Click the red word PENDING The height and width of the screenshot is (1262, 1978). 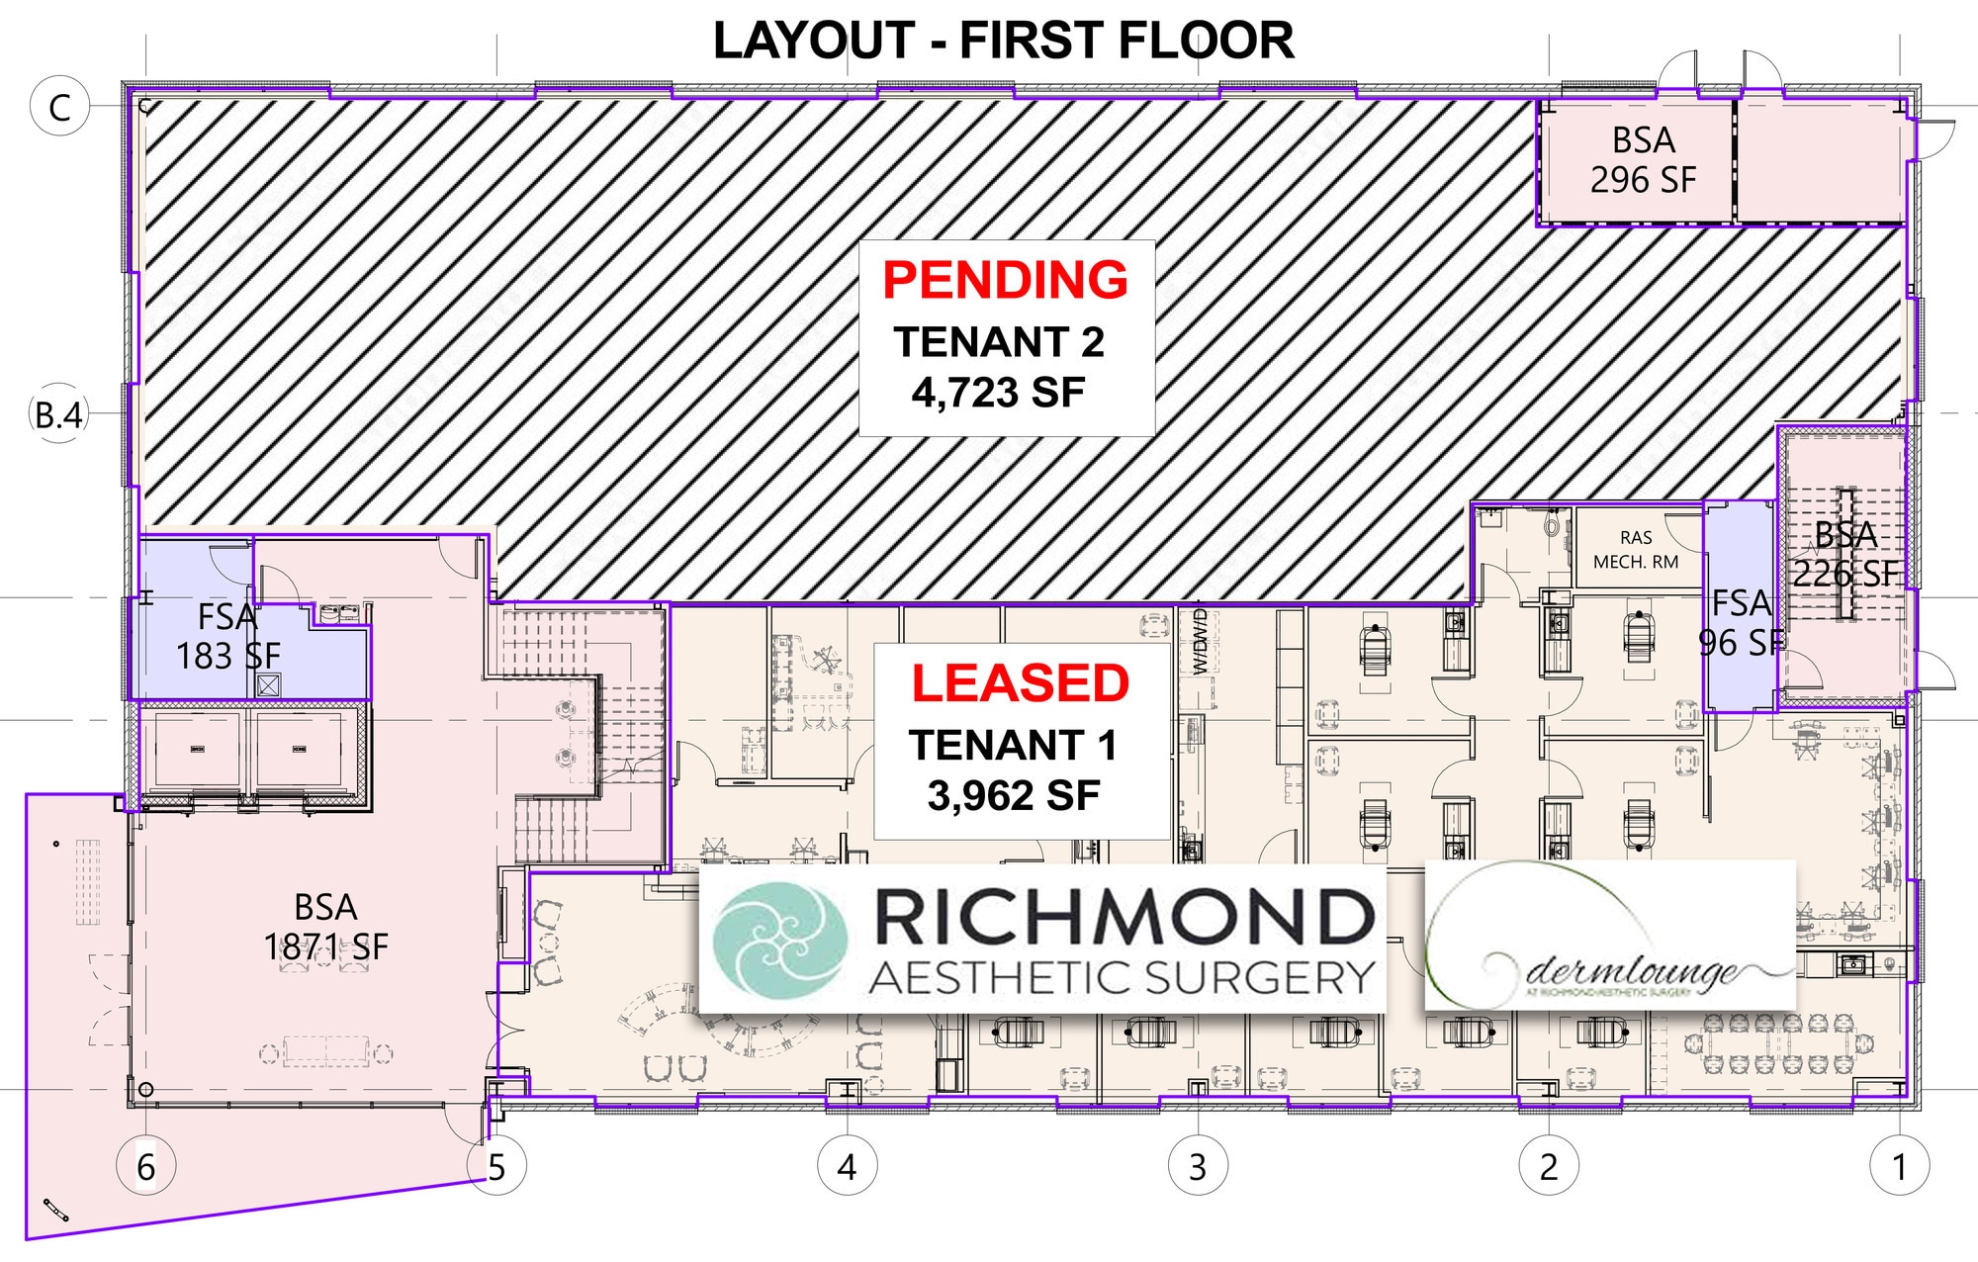click(1005, 280)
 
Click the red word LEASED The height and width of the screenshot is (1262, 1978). click(1020, 683)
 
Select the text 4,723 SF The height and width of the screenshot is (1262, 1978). click(998, 393)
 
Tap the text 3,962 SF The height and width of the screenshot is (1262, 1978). click(1014, 795)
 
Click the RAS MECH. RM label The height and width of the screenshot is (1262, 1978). click(1636, 550)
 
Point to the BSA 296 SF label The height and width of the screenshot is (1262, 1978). click(1643, 160)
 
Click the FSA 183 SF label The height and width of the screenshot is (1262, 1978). click(227, 636)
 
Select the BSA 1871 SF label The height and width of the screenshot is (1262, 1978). click(325, 927)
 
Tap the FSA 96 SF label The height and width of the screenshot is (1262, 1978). click(1741, 623)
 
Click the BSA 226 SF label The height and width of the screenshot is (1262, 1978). click(1845, 554)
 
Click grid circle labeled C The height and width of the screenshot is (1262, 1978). click(59, 107)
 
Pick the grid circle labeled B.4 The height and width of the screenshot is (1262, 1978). click(58, 414)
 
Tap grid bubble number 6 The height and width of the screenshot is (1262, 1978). click(146, 1167)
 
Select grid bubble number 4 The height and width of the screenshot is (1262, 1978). click(847, 1167)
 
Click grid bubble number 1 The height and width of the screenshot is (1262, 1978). click(1899, 1167)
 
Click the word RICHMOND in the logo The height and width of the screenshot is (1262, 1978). click(1124, 917)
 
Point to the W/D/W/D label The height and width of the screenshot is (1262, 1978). click(1200, 643)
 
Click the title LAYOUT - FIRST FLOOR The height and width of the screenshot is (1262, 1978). click(1003, 42)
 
